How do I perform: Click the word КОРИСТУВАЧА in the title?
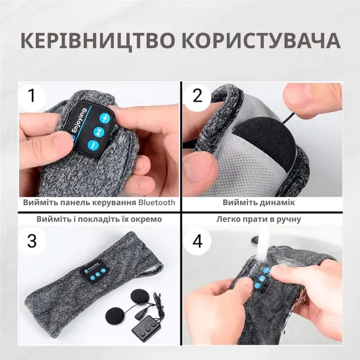tap(257, 41)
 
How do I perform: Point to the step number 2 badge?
tap(198, 95)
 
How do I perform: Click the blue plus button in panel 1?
tap(104, 119)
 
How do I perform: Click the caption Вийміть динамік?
tap(259, 203)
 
